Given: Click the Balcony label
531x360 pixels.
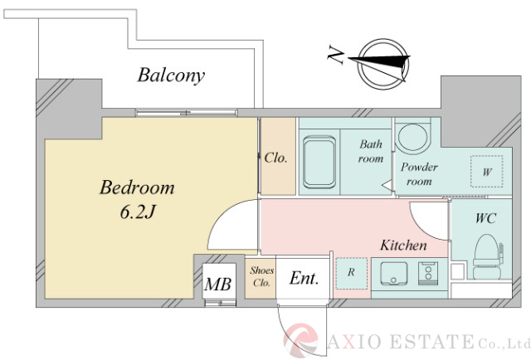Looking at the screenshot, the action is tap(172, 75).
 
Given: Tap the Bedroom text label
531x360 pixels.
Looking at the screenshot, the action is tap(137, 187).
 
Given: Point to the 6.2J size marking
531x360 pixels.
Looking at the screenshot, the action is tap(137, 212).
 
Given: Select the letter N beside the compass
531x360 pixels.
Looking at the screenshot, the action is tap(335, 56).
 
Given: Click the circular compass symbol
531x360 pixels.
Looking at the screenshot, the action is tap(382, 64).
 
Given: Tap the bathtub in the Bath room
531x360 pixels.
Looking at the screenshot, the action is tap(319, 163).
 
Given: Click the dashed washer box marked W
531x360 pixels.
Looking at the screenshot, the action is tap(487, 172).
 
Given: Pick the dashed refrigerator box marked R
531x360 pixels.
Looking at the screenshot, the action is tap(352, 274).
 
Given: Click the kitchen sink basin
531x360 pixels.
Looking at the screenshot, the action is tap(394, 274).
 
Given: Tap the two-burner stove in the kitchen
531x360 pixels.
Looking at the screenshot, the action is tap(428, 274).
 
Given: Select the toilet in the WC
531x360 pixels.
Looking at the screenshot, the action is tap(487, 256).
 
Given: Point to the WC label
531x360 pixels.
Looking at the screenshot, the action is tap(486, 218).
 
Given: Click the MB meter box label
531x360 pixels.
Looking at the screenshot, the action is tap(217, 285).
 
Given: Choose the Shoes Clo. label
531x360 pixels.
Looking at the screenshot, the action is tap(261, 277).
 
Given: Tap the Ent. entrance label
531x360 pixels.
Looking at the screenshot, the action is tap(304, 279).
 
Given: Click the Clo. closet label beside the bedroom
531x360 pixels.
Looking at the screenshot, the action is tap(275, 158).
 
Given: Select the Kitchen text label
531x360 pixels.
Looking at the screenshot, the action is tap(403, 246).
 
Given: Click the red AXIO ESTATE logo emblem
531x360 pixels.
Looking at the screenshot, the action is tap(301, 340).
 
